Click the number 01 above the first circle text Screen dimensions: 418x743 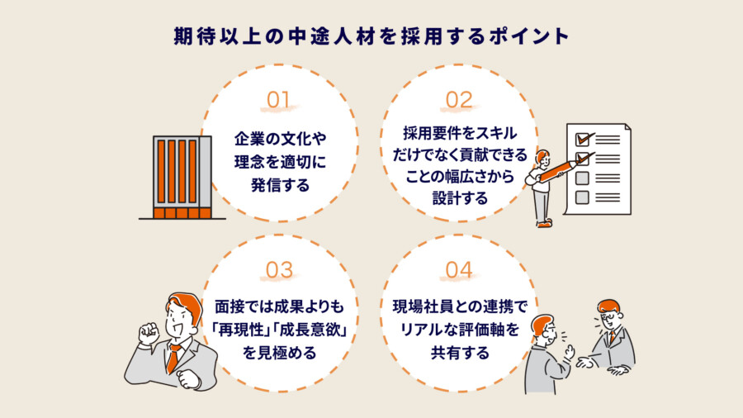pos(278,100)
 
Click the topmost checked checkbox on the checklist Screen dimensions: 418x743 pos(583,139)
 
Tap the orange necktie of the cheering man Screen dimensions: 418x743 pos(173,358)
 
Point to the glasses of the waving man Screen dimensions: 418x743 pos(609,316)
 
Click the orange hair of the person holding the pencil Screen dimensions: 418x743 pos(542,154)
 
